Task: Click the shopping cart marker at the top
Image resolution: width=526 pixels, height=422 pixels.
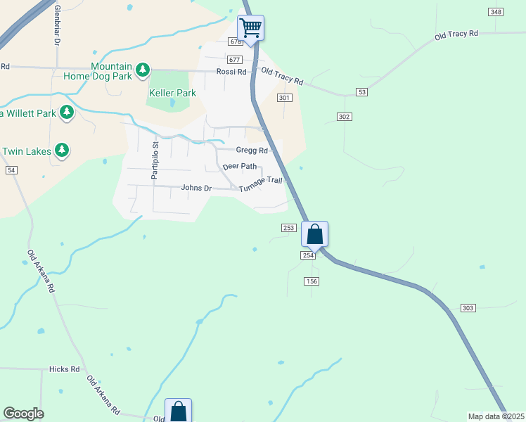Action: point(250,29)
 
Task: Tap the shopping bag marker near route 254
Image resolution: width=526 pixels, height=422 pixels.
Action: point(314,234)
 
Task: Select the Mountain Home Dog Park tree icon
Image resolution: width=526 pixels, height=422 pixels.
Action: point(143,69)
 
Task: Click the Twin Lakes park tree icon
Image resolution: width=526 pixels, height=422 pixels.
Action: point(63,150)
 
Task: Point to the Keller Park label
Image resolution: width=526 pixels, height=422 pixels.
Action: point(172,93)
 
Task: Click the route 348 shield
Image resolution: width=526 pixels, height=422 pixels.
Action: point(496,12)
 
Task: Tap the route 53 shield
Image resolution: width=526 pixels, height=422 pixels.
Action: point(362,92)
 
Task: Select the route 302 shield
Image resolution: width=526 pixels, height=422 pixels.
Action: point(344,116)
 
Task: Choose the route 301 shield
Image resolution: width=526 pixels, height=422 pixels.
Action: point(284,98)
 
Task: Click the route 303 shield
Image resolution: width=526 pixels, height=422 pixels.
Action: point(469,308)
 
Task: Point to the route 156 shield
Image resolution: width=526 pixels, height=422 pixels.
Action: point(312,281)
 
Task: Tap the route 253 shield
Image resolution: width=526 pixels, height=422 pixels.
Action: point(288,227)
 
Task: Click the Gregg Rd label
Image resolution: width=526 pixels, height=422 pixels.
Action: point(252,151)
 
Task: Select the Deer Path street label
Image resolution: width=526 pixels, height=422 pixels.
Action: point(240,167)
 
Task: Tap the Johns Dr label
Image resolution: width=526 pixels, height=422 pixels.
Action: point(196,188)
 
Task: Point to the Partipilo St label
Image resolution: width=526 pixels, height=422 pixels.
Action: point(155,160)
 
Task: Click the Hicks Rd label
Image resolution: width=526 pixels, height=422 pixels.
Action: point(65,369)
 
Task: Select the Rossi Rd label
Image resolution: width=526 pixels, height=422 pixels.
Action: point(231,72)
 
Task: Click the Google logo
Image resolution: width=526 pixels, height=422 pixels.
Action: point(23,414)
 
